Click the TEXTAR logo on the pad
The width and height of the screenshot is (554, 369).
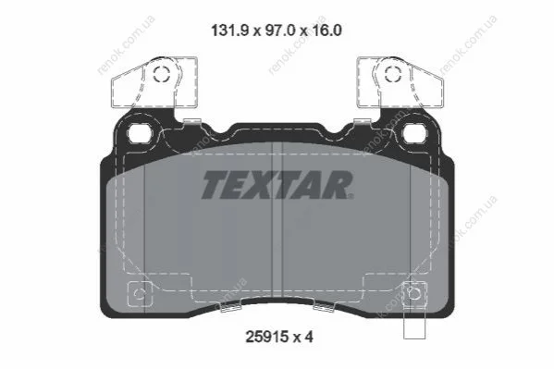(277, 185)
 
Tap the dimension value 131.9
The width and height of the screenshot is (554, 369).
(231, 31)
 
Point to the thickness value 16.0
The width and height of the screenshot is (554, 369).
(326, 31)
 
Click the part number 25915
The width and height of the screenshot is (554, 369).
(266, 337)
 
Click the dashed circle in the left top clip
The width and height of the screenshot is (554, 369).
(161, 74)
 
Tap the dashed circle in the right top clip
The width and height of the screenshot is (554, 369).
(393, 74)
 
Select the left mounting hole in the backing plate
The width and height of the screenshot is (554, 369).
(140, 133)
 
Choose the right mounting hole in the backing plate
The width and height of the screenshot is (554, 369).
(414, 133)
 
